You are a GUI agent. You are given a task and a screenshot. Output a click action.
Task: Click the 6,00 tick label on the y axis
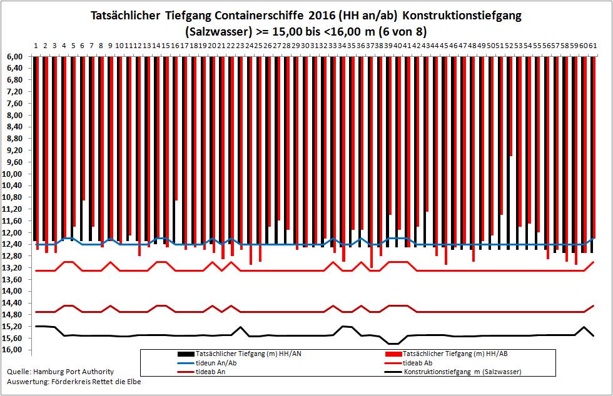pyautogui.click(x=14, y=57)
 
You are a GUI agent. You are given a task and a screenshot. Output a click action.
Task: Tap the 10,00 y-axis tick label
pyautogui.click(x=13, y=174)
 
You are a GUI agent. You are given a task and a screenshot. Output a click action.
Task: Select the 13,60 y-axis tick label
pyautogui.click(x=13, y=280)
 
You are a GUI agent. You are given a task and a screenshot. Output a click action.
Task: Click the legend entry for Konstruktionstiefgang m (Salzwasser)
pyautogui.click(x=453, y=372)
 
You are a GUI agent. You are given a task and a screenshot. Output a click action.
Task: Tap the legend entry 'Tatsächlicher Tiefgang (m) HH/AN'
pyautogui.click(x=239, y=354)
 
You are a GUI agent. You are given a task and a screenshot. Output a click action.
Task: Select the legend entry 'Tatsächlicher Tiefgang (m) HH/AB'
pyautogui.click(x=447, y=354)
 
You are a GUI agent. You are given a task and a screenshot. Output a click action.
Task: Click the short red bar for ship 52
pyautogui.click(x=510, y=106)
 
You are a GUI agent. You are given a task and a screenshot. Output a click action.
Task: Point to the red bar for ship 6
pyautogui.click(x=84, y=129)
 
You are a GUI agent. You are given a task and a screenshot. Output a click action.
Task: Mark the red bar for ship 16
pyautogui.click(x=176, y=129)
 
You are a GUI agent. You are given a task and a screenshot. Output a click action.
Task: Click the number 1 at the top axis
pyautogui.click(x=36, y=46)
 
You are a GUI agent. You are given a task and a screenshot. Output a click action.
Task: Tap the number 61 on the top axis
pyautogui.click(x=593, y=46)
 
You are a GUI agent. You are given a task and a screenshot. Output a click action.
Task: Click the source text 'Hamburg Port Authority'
pyautogui.click(x=74, y=372)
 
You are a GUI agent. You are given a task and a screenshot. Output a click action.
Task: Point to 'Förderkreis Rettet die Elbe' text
pyautogui.click(x=96, y=382)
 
